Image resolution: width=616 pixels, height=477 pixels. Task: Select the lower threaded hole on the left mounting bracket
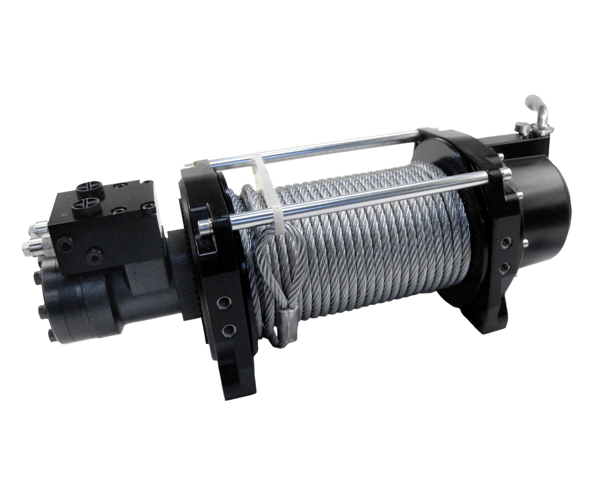(229, 329)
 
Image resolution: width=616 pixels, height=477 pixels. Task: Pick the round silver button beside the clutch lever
(522, 127)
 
